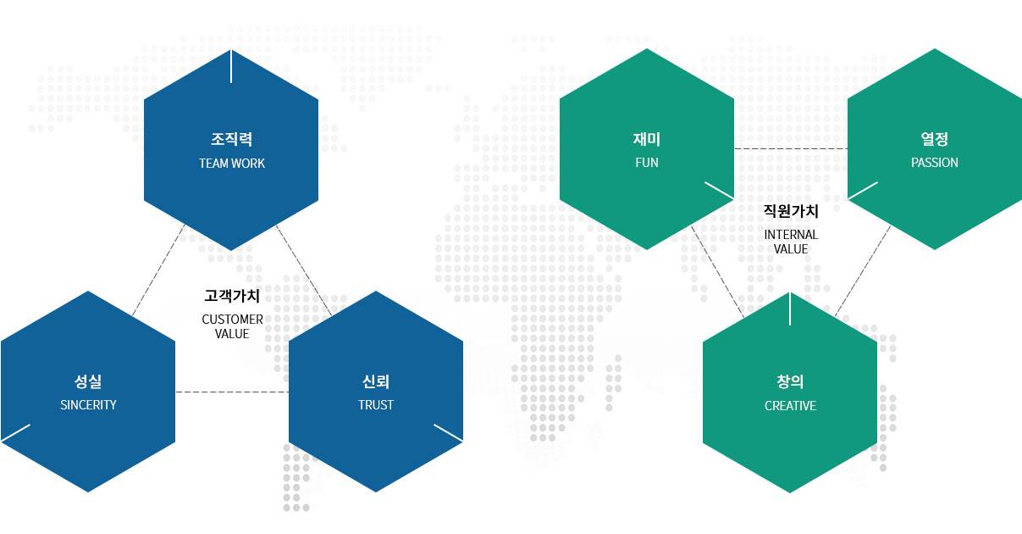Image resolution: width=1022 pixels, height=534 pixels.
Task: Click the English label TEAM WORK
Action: (x=232, y=163)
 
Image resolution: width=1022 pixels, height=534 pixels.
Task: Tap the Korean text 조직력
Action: (x=231, y=139)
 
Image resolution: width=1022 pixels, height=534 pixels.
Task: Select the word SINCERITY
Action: (x=88, y=404)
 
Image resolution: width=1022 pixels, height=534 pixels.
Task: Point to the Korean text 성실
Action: (x=87, y=381)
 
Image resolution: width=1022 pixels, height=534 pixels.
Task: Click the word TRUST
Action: (x=375, y=404)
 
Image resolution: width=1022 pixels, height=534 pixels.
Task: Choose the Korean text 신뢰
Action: (x=375, y=381)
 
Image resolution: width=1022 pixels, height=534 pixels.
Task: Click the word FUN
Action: (x=647, y=162)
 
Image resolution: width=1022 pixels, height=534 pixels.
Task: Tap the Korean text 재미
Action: (x=647, y=139)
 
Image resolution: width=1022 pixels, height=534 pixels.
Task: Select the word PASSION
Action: (x=935, y=162)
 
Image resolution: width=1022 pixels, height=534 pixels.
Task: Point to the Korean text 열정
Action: (x=935, y=139)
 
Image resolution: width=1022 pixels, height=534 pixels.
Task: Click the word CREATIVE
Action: (x=790, y=406)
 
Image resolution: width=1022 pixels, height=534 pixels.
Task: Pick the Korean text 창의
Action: (x=790, y=381)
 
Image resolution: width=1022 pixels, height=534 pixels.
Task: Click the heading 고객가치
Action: (x=232, y=296)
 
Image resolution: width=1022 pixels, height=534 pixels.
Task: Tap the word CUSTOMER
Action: (x=232, y=320)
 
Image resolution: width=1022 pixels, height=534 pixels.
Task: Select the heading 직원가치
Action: (x=791, y=211)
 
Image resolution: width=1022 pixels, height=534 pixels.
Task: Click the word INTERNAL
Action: (x=791, y=235)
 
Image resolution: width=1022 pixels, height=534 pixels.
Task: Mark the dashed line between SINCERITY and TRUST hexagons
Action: (x=232, y=392)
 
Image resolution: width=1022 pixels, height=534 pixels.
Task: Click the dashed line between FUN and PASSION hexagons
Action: (x=791, y=149)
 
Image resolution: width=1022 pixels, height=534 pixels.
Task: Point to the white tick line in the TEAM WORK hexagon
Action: (x=231, y=67)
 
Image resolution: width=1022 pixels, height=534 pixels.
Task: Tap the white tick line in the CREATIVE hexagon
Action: (x=790, y=309)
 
